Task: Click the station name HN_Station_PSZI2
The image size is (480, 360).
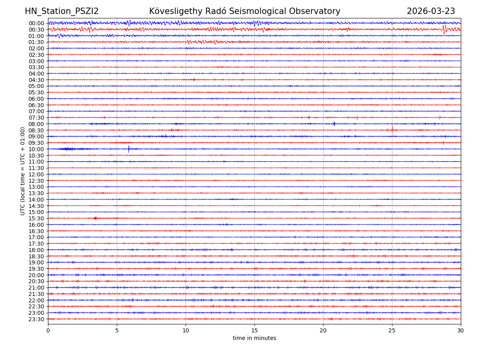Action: pyautogui.click(x=62, y=12)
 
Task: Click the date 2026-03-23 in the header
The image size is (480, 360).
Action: pyautogui.click(x=431, y=12)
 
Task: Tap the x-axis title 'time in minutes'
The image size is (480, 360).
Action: pyautogui.click(x=254, y=338)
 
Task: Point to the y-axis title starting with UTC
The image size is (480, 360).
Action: pyautogui.click(x=23, y=171)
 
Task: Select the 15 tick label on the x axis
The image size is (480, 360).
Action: pyautogui.click(x=254, y=330)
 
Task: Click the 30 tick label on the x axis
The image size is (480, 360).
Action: pyautogui.click(x=461, y=330)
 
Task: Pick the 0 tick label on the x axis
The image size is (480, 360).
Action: pyautogui.click(x=48, y=330)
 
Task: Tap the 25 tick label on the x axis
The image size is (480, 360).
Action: pyautogui.click(x=392, y=330)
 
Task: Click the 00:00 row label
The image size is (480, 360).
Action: pyautogui.click(x=36, y=23)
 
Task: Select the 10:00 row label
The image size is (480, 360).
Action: pyautogui.click(x=36, y=149)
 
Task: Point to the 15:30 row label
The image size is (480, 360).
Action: pyautogui.click(x=36, y=218)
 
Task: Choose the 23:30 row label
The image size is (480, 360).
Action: pyautogui.click(x=36, y=319)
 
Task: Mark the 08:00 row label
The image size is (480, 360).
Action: pyautogui.click(x=36, y=124)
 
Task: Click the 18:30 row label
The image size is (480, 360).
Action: pyautogui.click(x=36, y=256)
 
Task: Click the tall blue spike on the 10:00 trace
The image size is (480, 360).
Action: pyautogui.click(x=129, y=149)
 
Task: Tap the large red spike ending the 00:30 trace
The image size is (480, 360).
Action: pyautogui.click(x=444, y=29)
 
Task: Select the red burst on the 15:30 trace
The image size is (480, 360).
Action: pyautogui.click(x=95, y=218)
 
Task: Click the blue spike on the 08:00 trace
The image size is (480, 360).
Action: pyautogui.click(x=334, y=124)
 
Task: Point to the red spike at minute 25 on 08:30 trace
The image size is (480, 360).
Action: pyautogui.click(x=392, y=129)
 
